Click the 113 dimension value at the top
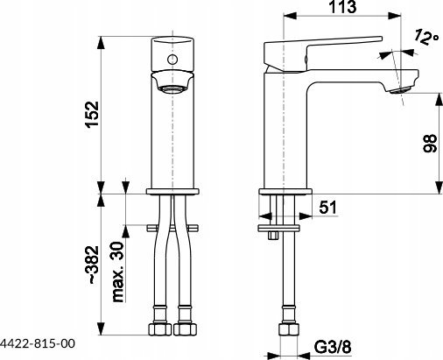pyautogui.click(x=342, y=7)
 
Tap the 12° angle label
pyautogui.click(x=426, y=38)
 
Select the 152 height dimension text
pyautogui.click(x=93, y=115)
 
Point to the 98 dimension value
pyautogui.click(x=430, y=144)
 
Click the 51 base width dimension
pyautogui.click(x=327, y=208)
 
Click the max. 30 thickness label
pyautogui.click(x=118, y=272)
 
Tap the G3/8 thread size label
pyautogui.click(x=333, y=348)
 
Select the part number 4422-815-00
pyautogui.click(x=38, y=343)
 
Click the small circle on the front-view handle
pyautogui.click(x=172, y=60)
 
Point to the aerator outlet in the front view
pyautogui.click(x=172, y=89)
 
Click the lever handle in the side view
pyautogui.click(x=322, y=53)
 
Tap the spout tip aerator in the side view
pyautogui.click(x=401, y=90)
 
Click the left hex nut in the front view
pyautogui.click(x=160, y=329)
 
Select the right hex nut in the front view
pyautogui.click(x=186, y=329)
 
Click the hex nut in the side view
pyautogui.click(x=289, y=329)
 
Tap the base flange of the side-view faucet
pyautogui.click(x=285, y=192)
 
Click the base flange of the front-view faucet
pyautogui.click(x=172, y=192)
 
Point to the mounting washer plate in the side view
pyautogui.click(x=279, y=228)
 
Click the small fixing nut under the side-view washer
pyautogui.click(x=273, y=236)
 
